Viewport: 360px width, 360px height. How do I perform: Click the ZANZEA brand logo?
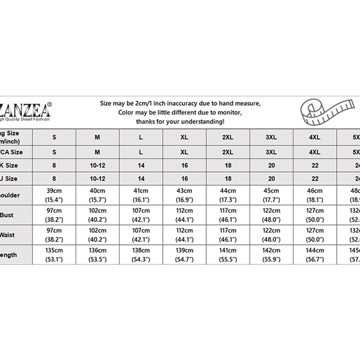tap(26, 109)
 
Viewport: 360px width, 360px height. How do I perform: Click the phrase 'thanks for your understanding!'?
tap(180, 121)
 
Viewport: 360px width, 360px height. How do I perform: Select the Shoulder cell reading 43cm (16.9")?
tap(184, 195)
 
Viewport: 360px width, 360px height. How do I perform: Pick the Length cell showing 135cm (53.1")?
tap(54, 255)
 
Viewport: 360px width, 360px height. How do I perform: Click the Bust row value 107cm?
tap(141, 211)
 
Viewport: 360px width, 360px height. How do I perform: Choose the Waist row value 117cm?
tap(228, 230)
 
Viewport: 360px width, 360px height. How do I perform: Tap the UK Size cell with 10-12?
tap(97, 166)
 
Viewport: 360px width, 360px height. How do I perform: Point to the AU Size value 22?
tap(315, 179)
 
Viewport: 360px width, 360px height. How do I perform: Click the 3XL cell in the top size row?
tap(271, 137)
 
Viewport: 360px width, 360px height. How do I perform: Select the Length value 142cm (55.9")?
tap(271, 255)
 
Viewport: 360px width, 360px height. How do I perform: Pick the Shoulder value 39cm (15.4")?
tap(54, 195)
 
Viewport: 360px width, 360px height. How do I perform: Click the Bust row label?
tap(9, 215)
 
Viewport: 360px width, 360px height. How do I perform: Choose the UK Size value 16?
tap(184, 166)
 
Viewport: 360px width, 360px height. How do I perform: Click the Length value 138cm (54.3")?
tap(141, 255)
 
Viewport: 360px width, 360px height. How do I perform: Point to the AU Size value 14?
tap(141, 179)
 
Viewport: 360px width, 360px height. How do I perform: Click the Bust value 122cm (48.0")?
tap(271, 215)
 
